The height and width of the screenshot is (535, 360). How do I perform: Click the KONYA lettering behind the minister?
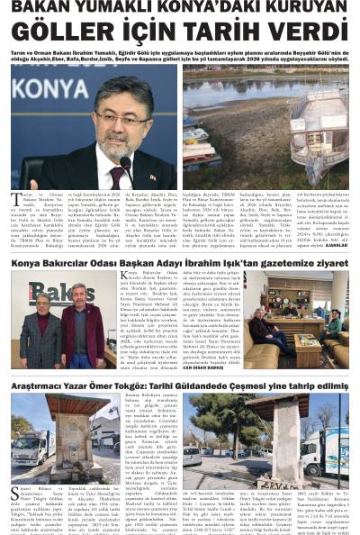click(49, 89)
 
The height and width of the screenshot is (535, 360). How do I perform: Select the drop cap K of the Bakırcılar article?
click(124, 276)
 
